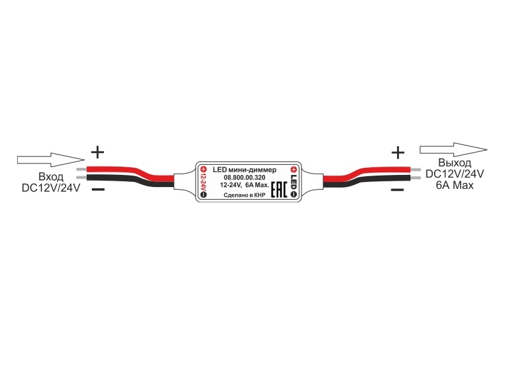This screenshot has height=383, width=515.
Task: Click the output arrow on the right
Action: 454,150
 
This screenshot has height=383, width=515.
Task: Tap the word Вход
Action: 51,177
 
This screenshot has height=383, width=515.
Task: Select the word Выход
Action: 454,163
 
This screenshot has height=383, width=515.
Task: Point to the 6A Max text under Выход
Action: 454,185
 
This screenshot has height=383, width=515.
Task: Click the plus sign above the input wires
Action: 98,152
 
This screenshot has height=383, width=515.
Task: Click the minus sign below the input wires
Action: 98,189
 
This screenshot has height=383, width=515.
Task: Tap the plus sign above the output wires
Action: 398,153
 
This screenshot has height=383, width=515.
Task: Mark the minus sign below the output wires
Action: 398,190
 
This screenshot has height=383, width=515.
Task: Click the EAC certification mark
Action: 279,190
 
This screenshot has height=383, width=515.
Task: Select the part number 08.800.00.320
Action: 244,177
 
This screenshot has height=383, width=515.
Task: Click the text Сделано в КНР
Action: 244,195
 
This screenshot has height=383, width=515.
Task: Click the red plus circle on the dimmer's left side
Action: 203,169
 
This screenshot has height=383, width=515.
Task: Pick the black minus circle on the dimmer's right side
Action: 294,194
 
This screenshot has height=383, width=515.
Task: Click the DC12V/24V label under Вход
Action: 51,188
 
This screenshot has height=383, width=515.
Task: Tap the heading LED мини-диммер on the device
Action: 244,170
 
